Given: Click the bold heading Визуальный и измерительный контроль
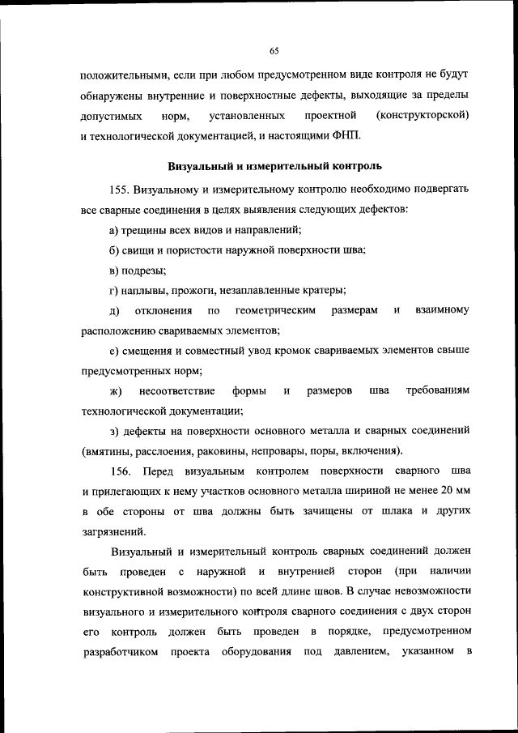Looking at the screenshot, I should click(274, 167).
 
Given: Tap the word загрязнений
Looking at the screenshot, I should click(113, 531).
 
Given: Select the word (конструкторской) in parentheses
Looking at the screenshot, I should click(418, 116).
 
